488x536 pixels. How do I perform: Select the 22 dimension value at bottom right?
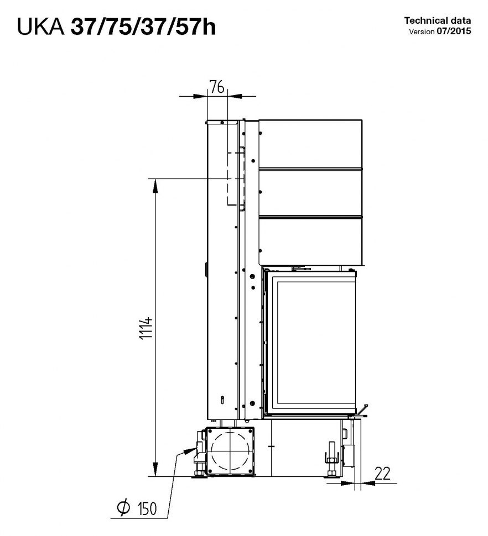[382, 473]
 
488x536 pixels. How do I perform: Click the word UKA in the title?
[40, 27]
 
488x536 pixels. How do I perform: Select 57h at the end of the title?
[196, 27]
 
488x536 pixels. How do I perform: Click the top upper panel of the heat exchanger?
[310, 143]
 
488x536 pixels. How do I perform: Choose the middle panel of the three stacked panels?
[310, 191]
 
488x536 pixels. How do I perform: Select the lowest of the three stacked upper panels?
[310, 239]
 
